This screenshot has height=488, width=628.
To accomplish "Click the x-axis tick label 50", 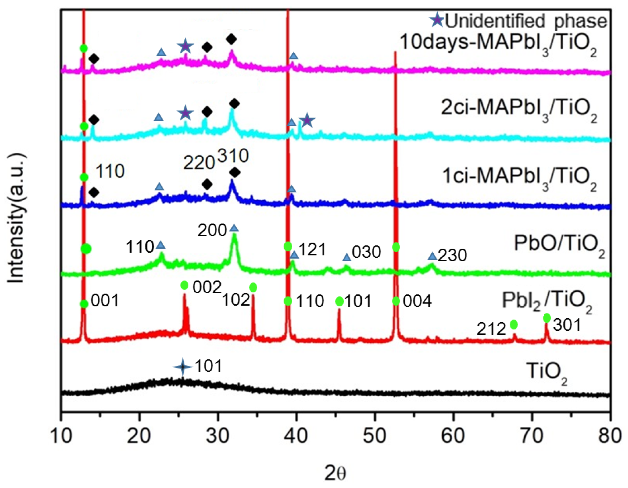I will click(x=375, y=436).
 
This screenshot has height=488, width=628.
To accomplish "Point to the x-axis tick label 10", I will click(x=61, y=436).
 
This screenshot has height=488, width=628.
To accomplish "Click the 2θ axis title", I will click(x=335, y=473).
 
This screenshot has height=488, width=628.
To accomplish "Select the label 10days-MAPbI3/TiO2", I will click(x=498, y=43).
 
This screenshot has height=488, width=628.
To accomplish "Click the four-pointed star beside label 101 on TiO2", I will click(x=183, y=367).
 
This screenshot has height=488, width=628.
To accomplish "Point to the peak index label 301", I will click(x=567, y=325).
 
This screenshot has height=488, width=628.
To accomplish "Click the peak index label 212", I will click(x=491, y=329).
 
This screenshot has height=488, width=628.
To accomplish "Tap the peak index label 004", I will click(x=417, y=301).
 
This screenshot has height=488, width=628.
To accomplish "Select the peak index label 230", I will click(x=452, y=256).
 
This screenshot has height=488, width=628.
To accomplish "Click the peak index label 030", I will click(x=366, y=252).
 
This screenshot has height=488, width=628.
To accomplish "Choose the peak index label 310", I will click(x=233, y=156).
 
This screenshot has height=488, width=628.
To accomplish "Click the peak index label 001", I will click(x=105, y=301).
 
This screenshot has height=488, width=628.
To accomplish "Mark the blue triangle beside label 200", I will click(x=234, y=229).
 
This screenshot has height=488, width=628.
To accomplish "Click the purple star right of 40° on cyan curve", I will click(x=307, y=120).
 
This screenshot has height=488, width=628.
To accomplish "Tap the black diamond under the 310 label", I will click(x=235, y=172).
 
